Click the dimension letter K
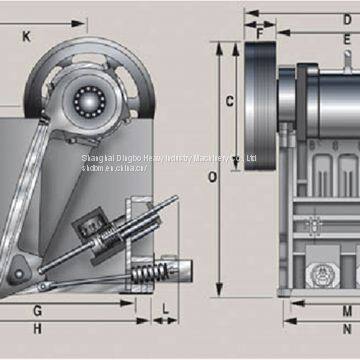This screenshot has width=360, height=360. pos(26,37)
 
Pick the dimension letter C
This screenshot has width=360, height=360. pos(229,100)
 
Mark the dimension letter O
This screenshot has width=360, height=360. pos(212,178)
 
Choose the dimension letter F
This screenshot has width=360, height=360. pos(260,33)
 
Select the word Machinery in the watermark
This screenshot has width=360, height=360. pos(212,157)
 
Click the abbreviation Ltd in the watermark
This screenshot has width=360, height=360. pos(251,157)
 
